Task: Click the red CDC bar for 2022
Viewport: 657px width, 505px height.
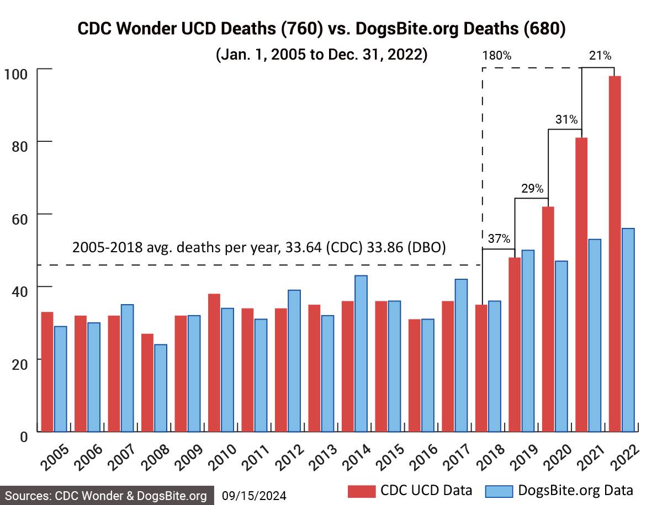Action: coord(614,254)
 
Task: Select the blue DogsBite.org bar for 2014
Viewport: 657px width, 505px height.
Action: coord(361,353)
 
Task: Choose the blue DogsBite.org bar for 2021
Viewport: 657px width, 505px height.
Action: coord(594,335)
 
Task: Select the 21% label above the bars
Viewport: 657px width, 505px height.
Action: coord(600,56)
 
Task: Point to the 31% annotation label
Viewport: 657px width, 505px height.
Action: coord(566,119)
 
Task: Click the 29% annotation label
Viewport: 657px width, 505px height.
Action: coord(532,188)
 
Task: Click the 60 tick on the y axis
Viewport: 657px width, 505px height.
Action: coord(17,214)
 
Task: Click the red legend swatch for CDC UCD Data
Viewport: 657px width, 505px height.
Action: coord(361,491)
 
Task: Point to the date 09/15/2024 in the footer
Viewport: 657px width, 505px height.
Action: coord(254,496)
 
